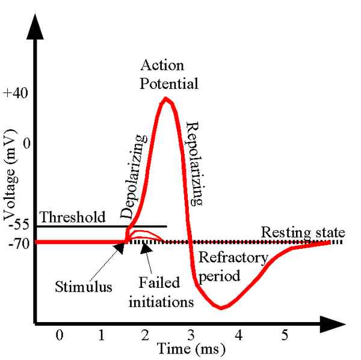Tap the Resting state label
[x=303, y=232]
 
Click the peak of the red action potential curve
[x=165, y=99]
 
